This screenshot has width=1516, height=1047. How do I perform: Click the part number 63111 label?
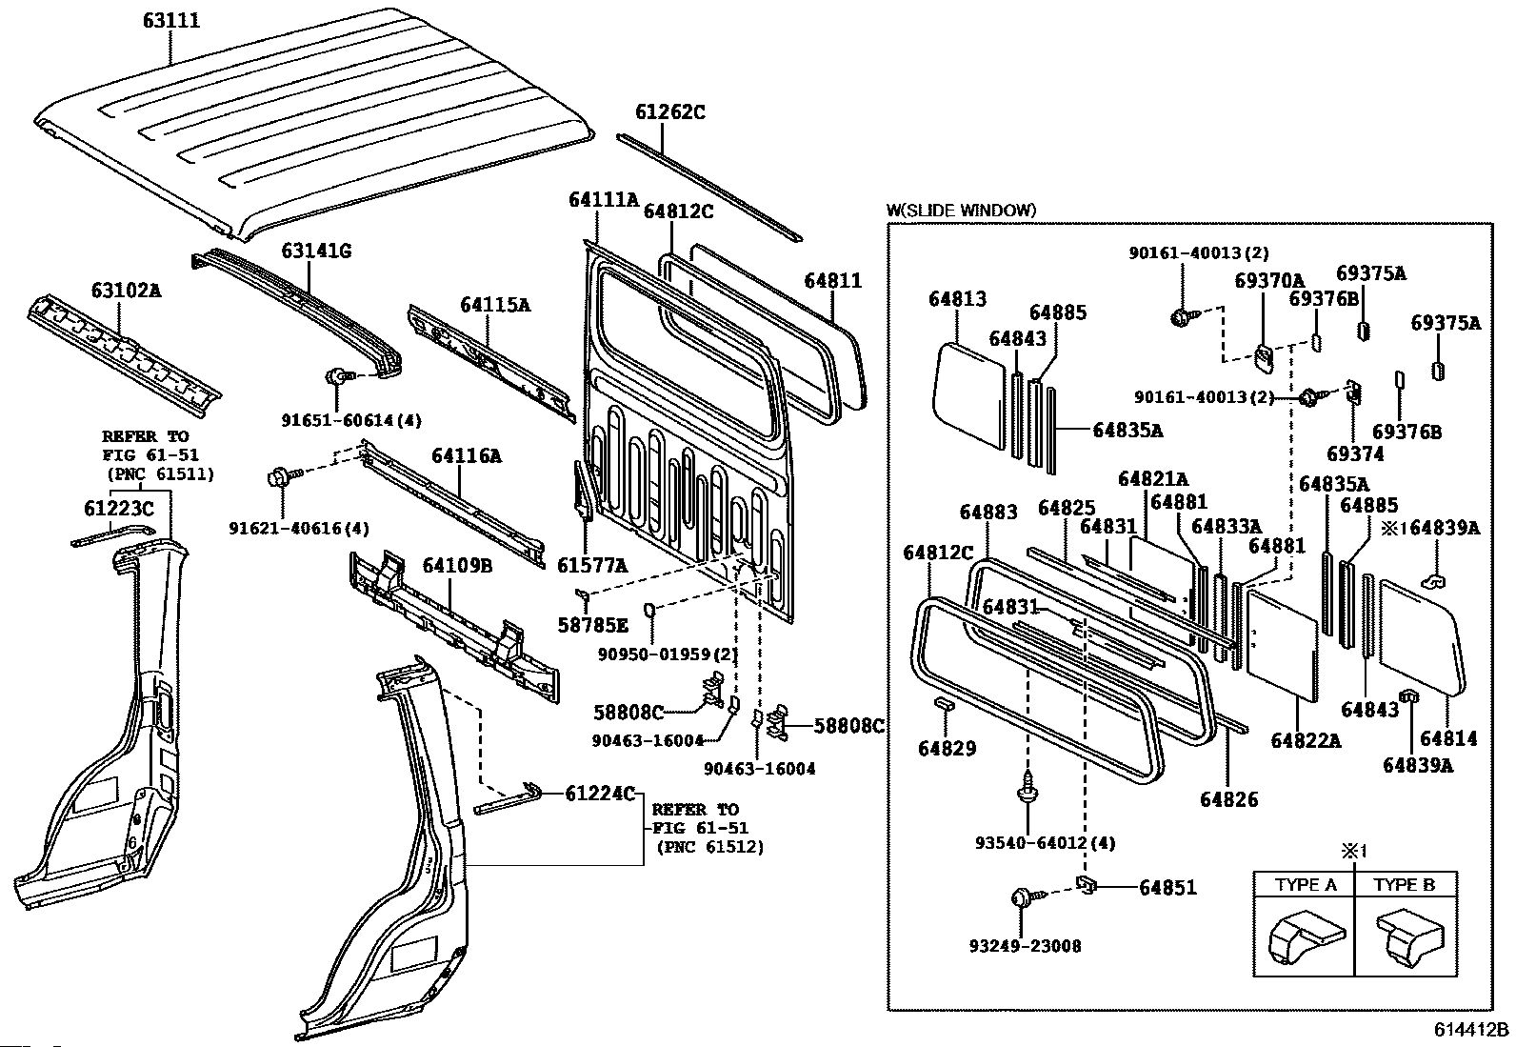pos(171,19)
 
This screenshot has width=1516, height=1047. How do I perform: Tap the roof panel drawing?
pos(314,124)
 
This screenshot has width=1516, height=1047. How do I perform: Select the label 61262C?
pos(670,112)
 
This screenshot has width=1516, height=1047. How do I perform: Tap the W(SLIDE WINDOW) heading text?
pos(961,211)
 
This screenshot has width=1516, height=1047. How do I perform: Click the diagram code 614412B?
pos(1473,1030)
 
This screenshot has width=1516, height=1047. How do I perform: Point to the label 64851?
pos(1168,888)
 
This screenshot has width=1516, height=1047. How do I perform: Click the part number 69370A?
pos(1268,281)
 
